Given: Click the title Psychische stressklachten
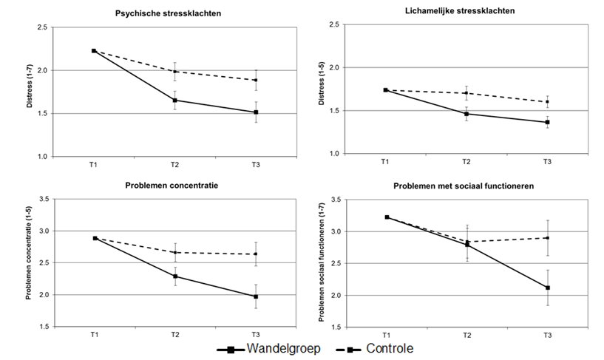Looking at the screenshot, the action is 168,13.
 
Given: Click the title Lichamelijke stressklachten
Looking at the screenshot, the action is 460,11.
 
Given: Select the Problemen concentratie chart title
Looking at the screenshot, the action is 172,186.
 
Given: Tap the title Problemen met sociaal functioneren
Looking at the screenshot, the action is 464,186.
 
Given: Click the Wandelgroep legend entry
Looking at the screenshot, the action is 268,349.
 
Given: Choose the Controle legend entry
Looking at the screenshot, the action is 374,349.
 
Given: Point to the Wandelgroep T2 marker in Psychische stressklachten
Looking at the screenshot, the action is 175,101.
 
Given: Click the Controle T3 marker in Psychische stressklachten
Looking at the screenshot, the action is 256,80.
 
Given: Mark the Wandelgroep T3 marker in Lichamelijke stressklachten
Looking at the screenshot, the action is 547,122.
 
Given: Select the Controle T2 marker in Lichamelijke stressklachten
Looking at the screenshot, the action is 466,93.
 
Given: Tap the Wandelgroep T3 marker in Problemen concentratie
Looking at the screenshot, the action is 256,296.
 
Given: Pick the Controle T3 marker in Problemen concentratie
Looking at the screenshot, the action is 256,254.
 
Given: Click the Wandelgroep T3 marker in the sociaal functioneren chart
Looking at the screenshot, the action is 548,288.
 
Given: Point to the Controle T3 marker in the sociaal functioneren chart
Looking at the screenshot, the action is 548,238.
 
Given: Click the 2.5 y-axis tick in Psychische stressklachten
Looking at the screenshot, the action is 42,27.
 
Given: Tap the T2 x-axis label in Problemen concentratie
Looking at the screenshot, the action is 175,335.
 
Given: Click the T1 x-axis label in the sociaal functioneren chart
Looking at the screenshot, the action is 386,335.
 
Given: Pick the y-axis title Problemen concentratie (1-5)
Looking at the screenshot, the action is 29,253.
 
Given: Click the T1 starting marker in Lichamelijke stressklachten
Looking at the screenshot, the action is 385,90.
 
